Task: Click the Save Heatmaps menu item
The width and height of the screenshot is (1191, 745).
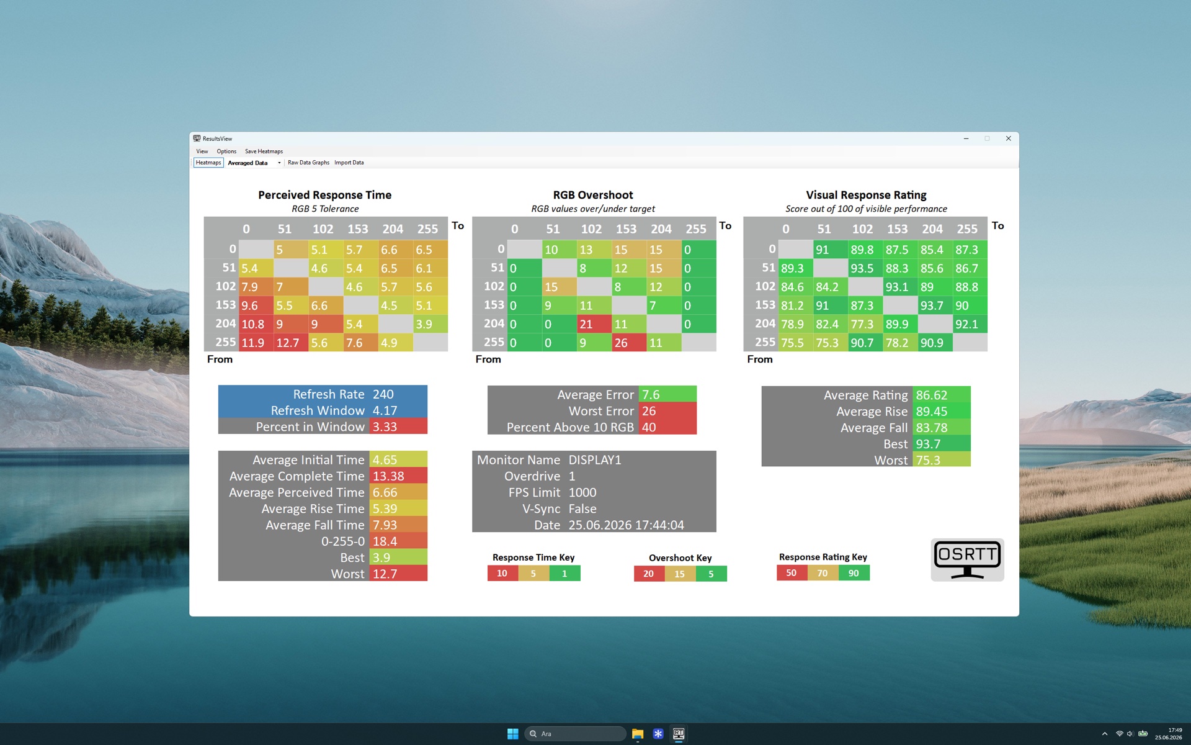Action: (x=264, y=151)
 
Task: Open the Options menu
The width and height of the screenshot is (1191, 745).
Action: (x=226, y=151)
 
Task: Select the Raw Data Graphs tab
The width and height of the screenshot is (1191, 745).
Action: (x=308, y=163)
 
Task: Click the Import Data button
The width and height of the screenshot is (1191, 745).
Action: (x=349, y=163)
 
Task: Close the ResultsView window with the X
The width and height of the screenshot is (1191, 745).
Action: (x=1008, y=138)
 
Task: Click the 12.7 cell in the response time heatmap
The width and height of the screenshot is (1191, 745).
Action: (x=291, y=343)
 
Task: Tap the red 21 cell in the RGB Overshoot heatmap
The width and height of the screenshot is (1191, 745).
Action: (x=594, y=324)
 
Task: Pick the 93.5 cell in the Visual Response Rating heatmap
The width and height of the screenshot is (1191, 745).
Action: (x=865, y=268)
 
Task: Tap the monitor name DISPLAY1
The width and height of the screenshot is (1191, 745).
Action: (x=595, y=460)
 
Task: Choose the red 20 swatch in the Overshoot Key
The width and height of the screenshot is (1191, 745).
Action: (x=649, y=574)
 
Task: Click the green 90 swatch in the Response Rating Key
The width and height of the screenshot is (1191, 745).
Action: (x=854, y=573)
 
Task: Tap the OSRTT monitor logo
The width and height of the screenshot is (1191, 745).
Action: (x=967, y=560)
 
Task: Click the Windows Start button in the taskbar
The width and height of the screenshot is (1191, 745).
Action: (x=513, y=734)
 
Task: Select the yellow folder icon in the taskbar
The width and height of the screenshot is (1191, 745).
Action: (x=638, y=734)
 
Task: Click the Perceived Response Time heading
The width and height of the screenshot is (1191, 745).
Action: (x=325, y=195)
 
